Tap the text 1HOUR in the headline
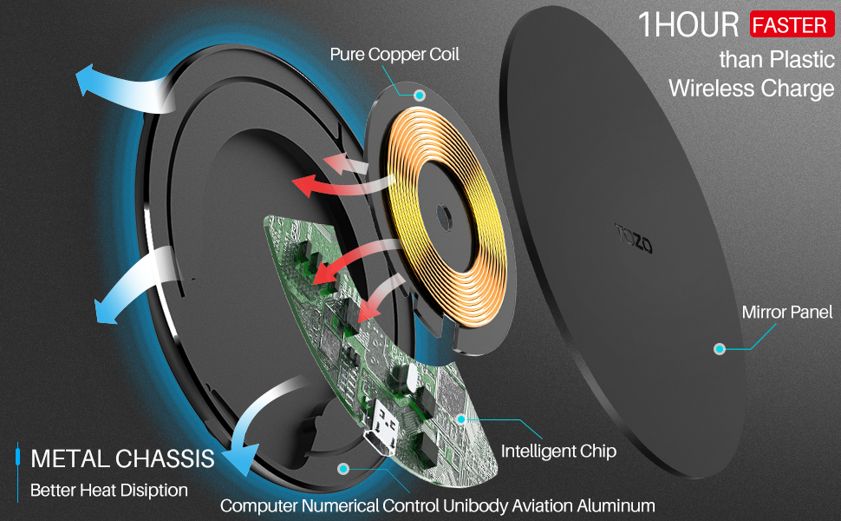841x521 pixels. (689, 25)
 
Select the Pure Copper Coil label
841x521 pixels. (394, 54)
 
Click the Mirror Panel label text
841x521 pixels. (787, 312)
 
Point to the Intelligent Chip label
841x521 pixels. (559, 451)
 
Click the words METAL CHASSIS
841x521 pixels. (122, 458)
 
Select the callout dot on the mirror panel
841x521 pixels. (719, 349)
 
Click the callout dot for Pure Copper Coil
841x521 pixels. (420, 93)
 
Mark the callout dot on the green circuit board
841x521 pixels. (461, 419)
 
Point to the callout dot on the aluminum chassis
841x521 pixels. (344, 468)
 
